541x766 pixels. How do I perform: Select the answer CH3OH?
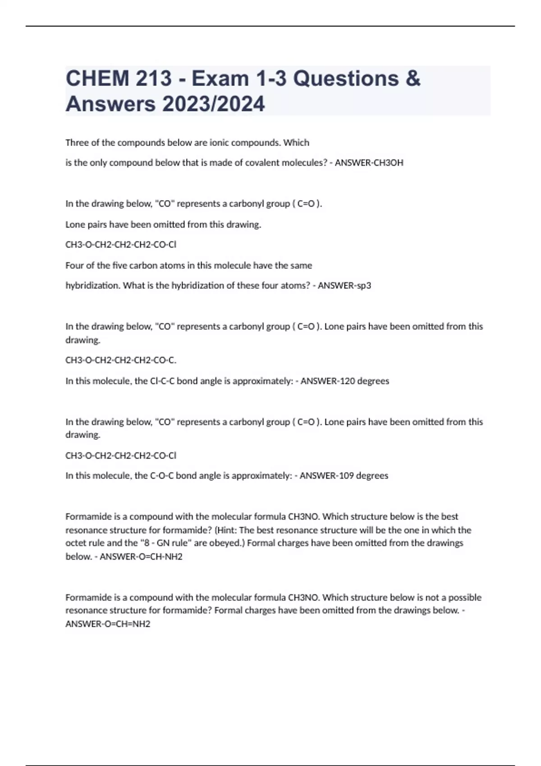click(386, 163)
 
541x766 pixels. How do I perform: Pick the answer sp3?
click(363, 286)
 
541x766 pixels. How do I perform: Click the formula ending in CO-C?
click(121, 360)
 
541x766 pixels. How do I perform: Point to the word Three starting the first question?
click(77, 143)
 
